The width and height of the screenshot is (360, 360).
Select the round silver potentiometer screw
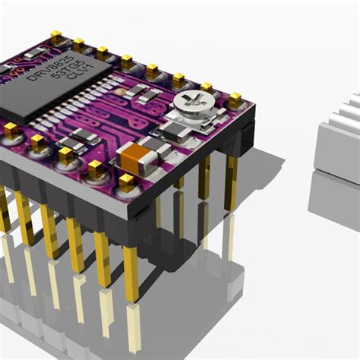[187, 102]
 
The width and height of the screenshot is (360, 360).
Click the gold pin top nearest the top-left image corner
[55, 36]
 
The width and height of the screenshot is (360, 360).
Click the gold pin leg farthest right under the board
[231, 182]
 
